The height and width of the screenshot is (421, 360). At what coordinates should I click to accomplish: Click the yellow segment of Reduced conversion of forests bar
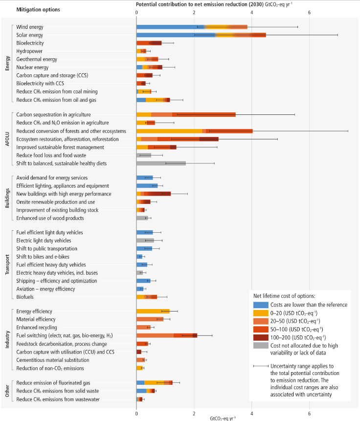coord(169,131)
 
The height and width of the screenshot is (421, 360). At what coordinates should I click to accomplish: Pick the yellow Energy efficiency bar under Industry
coord(153,311)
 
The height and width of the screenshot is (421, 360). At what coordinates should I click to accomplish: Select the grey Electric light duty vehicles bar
coord(145,241)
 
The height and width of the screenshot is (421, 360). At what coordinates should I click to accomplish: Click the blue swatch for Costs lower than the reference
coord(260,305)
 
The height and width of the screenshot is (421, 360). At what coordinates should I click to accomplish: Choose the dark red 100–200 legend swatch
coord(260,337)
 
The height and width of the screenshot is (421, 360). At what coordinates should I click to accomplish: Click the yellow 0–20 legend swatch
coord(260,313)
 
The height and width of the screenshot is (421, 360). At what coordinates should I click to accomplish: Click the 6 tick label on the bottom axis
coord(309,412)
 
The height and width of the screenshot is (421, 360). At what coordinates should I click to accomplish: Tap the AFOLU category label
coord(7,139)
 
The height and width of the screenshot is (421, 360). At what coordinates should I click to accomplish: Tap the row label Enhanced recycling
coord(37,327)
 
